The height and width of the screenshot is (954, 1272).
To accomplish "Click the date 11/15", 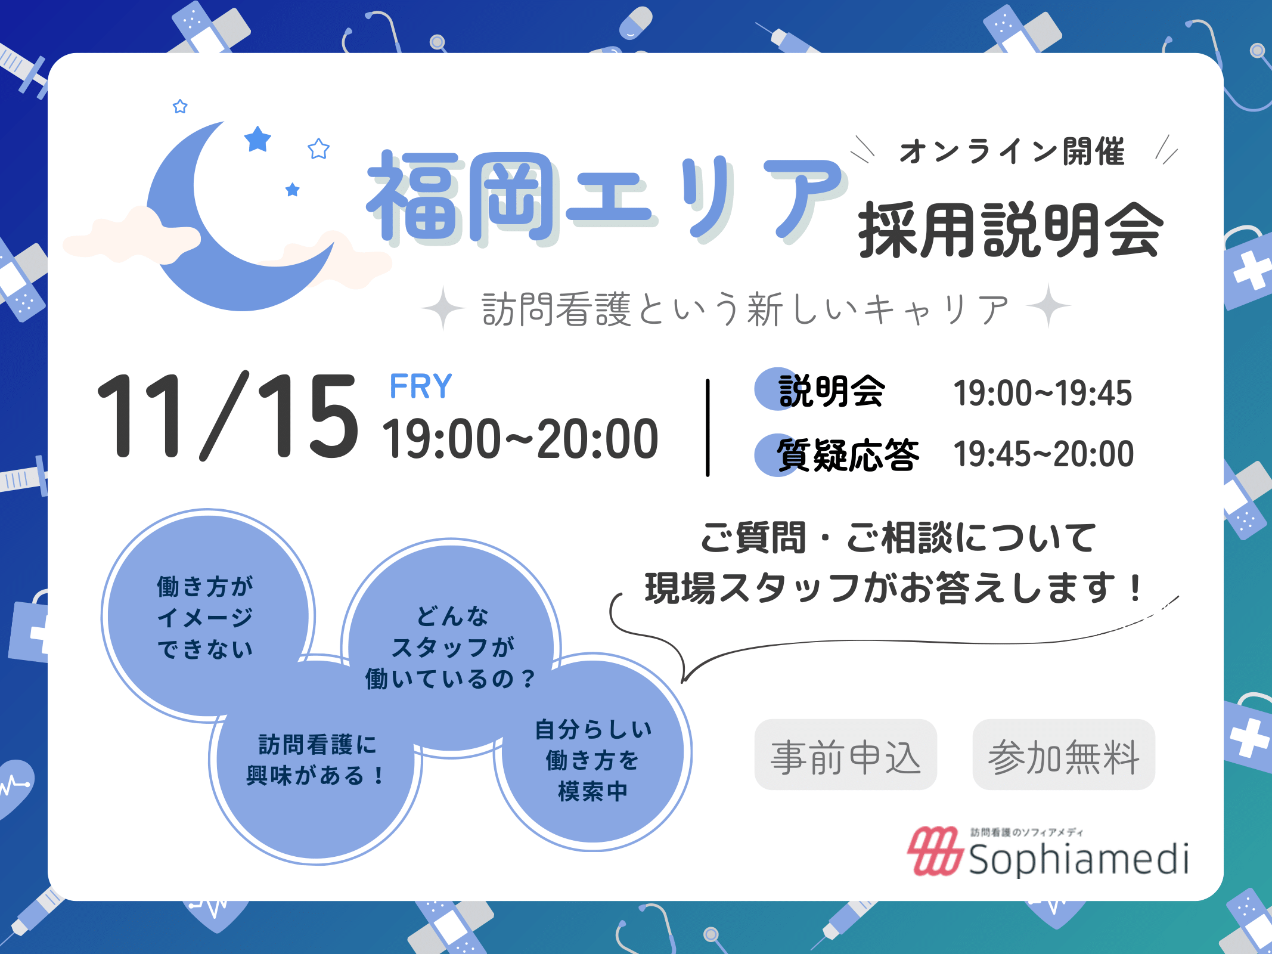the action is click(228, 416).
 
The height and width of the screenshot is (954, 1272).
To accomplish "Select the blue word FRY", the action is click(421, 386).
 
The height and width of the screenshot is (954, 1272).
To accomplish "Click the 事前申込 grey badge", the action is click(846, 755).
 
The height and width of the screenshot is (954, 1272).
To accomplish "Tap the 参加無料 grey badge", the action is click(1064, 755).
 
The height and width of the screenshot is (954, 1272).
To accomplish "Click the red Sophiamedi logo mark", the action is click(934, 851).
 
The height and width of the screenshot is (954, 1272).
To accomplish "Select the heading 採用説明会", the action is click(1010, 230).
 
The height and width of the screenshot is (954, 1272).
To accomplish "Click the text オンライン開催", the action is click(1012, 151).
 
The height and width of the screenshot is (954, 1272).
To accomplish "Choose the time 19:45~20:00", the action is click(1044, 454).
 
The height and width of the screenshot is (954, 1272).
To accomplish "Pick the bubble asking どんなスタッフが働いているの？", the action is click(452, 648).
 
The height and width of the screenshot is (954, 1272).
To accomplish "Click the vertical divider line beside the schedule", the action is click(708, 428).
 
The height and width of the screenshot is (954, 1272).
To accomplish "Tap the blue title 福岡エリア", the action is click(607, 198).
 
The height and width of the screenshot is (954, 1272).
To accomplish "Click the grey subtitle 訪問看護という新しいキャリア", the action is click(745, 309).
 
